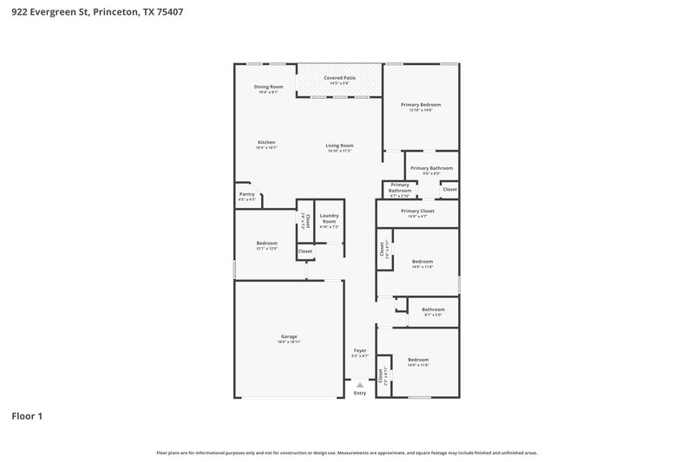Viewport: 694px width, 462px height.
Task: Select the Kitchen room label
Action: pos(266,144)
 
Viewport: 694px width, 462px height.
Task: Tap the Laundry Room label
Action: pos(329,218)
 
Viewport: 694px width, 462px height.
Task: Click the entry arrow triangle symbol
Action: pos(360,384)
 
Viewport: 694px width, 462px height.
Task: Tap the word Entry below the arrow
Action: pos(360,394)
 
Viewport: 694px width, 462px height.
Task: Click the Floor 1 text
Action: pos(27,416)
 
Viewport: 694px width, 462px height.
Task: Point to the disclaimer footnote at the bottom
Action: pos(346,452)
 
